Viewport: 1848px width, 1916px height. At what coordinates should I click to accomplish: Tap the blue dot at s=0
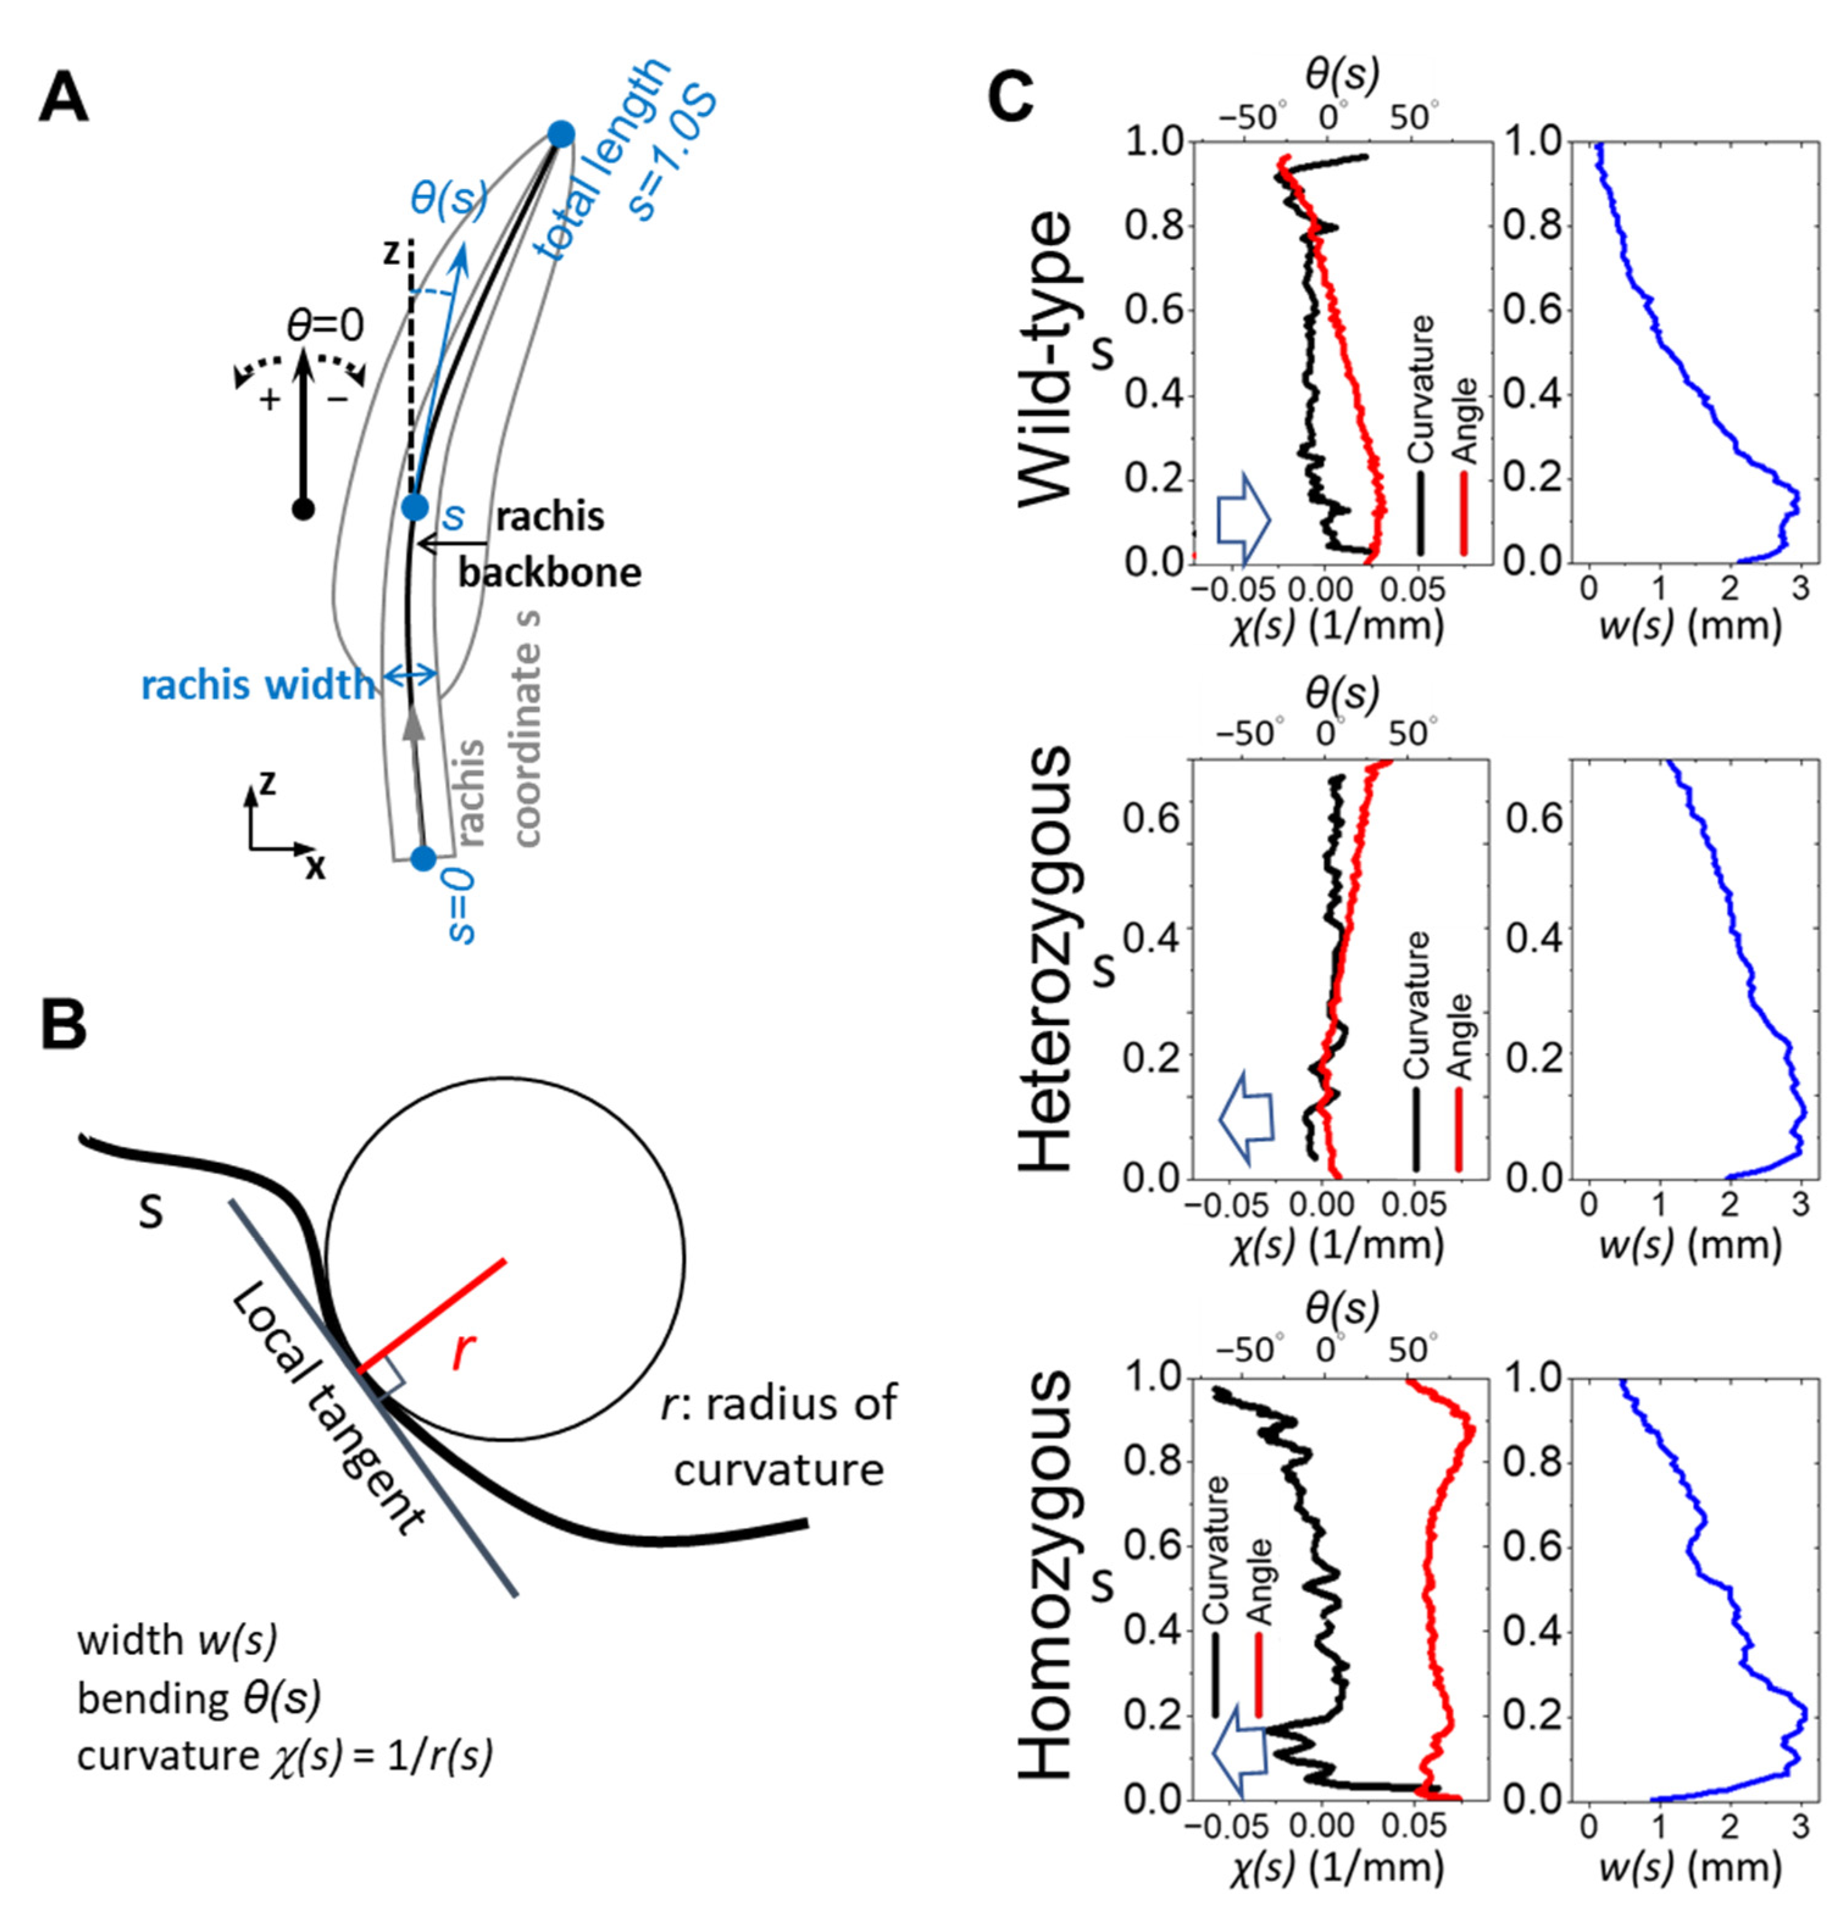[422, 858]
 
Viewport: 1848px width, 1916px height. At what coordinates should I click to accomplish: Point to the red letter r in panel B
[465, 1351]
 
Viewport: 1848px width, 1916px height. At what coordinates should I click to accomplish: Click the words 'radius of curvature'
[782, 1437]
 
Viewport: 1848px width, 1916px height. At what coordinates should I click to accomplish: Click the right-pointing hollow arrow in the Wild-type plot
[1242, 520]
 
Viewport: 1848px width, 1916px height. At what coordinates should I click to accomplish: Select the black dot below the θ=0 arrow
[304, 509]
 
